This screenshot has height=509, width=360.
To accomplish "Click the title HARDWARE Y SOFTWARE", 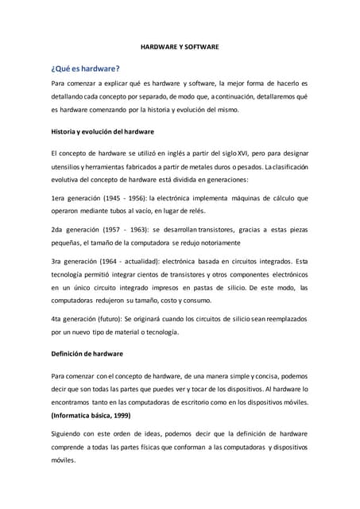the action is point(180,48).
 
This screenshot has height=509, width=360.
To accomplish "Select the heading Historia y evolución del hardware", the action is point(102,130).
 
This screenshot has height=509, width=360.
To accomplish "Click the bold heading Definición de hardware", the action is point(87,352).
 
